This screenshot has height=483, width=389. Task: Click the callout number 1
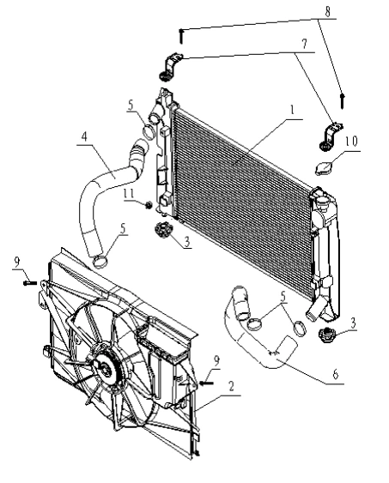coord(292,110)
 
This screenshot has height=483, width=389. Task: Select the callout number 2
coord(231,386)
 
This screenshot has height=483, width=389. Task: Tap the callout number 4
coord(84,136)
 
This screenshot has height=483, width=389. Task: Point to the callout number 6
coord(336,374)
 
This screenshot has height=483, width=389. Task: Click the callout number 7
coord(304,44)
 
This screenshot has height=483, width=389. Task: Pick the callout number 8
coord(327,11)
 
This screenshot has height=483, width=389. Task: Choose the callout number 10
coord(351,141)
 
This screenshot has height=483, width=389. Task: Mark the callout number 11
coord(129,193)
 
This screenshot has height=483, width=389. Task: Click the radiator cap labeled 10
coord(323,168)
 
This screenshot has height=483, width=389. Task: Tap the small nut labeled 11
coord(149,204)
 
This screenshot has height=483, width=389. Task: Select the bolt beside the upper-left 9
coord(30,282)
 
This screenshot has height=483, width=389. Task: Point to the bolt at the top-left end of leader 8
coord(181,36)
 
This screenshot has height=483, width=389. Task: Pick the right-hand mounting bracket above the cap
coord(331,136)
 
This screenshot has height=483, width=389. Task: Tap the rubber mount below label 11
coord(163,229)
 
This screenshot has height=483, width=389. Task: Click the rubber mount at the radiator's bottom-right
coord(326,335)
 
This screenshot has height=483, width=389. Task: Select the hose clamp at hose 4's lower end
coord(100,262)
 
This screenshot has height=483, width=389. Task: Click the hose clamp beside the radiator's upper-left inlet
coord(149,131)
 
